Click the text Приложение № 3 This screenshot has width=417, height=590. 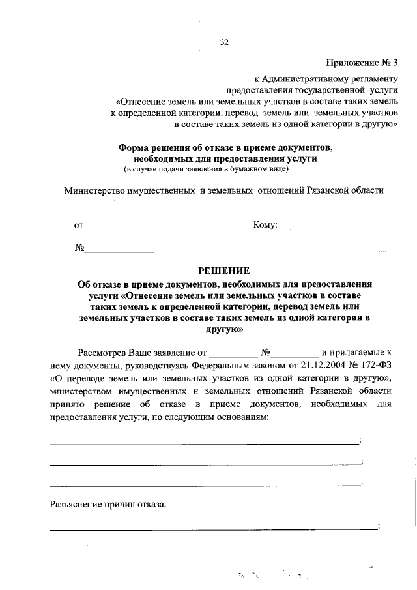pyautogui.click(x=362, y=63)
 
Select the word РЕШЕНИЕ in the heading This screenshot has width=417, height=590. pyautogui.click(x=224, y=271)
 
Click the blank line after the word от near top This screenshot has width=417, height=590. pyautogui.click(x=119, y=228)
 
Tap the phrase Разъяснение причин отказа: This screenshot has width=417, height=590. pyautogui.click(x=108, y=505)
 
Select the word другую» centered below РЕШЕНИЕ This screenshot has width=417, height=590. pyautogui.click(x=224, y=330)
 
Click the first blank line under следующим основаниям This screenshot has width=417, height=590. pyautogui.click(x=205, y=443)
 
